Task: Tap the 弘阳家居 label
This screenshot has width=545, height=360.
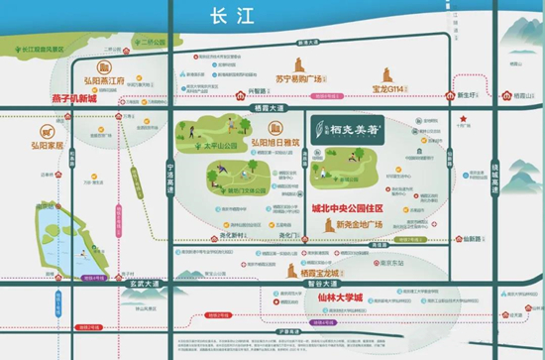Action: click(x=40, y=144)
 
